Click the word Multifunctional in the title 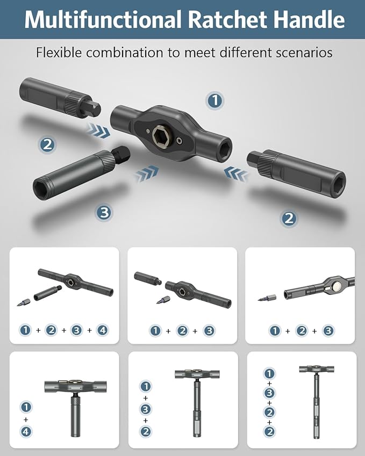tap(102, 20)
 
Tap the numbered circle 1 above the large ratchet tap(215, 100)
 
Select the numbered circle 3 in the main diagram tap(104, 212)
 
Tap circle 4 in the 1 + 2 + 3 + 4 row tap(102, 330)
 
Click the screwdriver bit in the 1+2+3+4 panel tap(25, 302)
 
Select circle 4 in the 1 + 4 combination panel tap(26, 431)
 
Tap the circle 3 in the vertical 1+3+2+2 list tap(269, 393)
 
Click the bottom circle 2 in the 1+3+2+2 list tap(269, 431)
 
